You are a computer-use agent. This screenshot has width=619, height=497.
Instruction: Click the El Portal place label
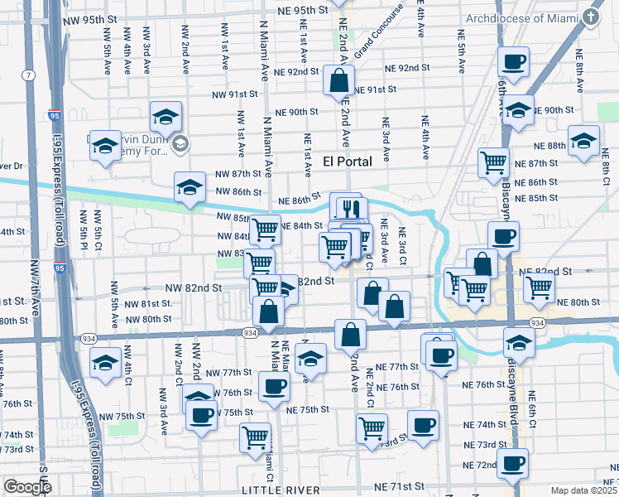coord(347,161)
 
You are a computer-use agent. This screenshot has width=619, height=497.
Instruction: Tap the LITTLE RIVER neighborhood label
coord(281,490)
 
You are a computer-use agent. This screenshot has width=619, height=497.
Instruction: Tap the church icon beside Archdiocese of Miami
coord(592,17)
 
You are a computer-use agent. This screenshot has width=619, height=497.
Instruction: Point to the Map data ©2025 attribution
coord(581,490)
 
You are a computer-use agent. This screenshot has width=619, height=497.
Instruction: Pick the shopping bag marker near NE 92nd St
coord(339,82)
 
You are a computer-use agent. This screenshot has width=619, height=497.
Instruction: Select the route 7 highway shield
coord(30,75)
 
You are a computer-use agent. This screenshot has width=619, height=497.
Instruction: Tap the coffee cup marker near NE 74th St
coord(425,425)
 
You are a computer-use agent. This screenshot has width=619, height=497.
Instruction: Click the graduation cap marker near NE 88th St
coord(583,141)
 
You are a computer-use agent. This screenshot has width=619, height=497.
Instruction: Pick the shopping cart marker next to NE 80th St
coord(539,287)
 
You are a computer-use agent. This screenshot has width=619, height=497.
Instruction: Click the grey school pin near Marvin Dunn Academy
coord(181,146)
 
